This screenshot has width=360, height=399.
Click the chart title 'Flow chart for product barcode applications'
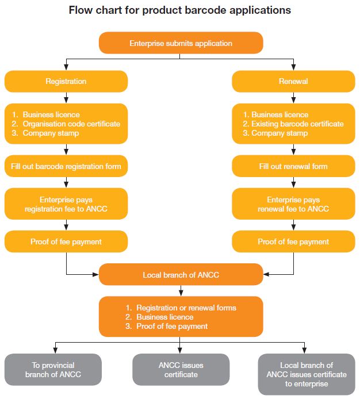coord(180,10)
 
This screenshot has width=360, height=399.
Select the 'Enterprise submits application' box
coord(181,43)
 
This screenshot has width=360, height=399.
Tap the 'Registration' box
coord(66,82)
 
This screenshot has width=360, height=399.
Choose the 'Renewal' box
coord(293,82)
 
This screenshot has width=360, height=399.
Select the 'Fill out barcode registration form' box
coord(66,166)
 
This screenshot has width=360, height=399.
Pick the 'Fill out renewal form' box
coord(293,166)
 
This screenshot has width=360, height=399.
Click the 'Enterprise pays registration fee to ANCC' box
coord(66,204)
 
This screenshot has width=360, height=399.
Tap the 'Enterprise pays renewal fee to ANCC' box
coord(293,204)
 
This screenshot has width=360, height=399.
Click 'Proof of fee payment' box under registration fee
coord(66,241)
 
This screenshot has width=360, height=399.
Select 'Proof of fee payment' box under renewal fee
coord(293,241)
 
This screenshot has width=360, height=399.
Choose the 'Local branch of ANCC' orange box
coord(181,274)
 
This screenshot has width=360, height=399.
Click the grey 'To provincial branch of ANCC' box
coord(53,370)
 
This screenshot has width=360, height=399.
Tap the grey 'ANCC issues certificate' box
coord(181,370)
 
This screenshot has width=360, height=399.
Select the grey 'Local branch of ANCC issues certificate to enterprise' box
coord(307,374)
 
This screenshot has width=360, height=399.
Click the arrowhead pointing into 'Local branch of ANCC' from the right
coord(266,274)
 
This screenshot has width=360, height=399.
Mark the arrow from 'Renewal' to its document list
coord(293,98)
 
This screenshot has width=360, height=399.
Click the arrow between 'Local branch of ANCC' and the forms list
coord(181,290)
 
